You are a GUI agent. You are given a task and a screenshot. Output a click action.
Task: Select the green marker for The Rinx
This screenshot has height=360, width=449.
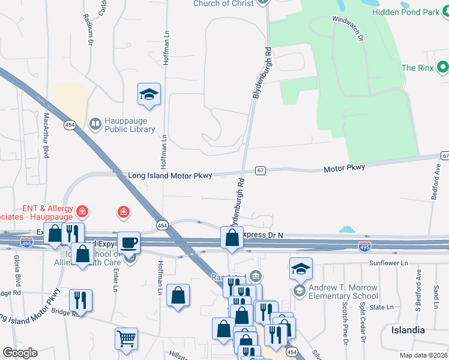tap(443, 67)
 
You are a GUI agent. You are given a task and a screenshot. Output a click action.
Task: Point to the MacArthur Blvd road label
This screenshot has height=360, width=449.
tap(46, 135)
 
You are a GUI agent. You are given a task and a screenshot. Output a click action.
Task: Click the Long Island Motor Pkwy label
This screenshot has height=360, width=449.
tap(170, 176)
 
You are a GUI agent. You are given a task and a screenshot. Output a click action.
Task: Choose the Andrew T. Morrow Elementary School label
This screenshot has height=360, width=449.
tap(343, 292)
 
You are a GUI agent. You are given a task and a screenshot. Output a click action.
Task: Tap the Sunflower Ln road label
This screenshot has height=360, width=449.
tap(388, 263)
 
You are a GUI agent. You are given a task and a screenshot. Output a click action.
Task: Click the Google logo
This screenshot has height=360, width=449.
tap(20, 353)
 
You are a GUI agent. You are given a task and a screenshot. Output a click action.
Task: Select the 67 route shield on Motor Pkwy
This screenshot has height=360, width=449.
tap(261, 170)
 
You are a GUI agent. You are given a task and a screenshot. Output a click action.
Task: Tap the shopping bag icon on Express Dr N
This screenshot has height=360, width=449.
tap(232, 238)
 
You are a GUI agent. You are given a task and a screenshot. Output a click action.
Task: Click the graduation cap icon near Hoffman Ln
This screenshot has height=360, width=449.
tap(149, 94)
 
